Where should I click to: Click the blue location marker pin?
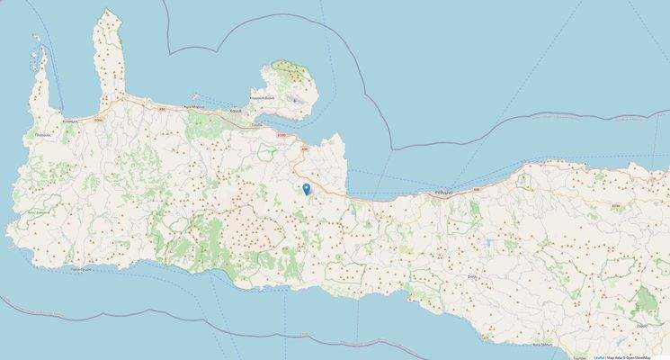coord(307,188)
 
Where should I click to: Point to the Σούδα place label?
coord(256,125)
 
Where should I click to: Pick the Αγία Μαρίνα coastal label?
coord(194,106)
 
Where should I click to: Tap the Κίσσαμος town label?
coord(73,119)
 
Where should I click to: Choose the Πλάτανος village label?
coord(41,135)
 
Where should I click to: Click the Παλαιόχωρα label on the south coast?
coord(83,268)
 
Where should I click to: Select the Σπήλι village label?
coord(470,278)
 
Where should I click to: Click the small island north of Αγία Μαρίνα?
coord(195,92)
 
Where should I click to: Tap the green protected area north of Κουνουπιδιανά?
coord(289,68)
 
